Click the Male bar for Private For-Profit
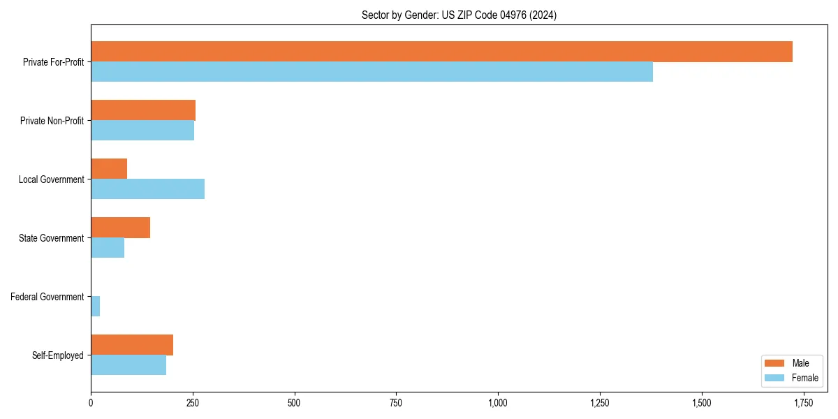[441, 52]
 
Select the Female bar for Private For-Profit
[372, 72]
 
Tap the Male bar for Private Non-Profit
[143, 110]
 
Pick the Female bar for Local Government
[147, 189]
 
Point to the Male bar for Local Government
[109, 169]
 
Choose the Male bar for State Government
[120, 228]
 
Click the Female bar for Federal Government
[95, 307]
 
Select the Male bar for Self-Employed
[132, 345]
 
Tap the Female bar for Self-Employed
[128, 365]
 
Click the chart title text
[459, 15]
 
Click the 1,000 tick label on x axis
[498, 403]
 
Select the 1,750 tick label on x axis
[803, 403]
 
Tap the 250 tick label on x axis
[192, 403]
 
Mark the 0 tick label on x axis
[91, 403]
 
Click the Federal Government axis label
[47, 297]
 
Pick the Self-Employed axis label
[58, 355]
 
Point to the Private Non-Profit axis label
[52, 121]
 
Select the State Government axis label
[52, 238]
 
